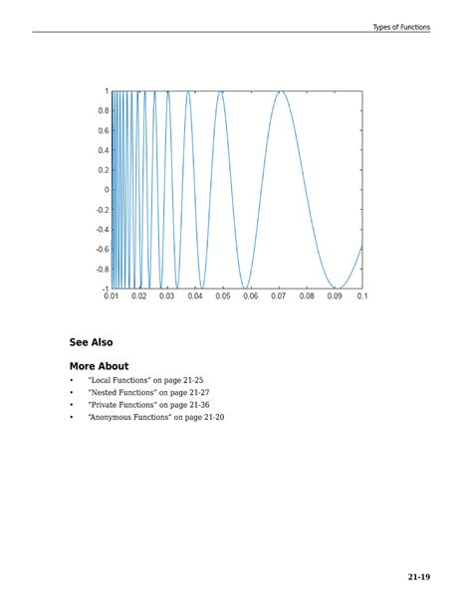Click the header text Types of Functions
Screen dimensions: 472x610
(x=401, y=27)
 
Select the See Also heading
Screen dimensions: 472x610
(x=91, y=342)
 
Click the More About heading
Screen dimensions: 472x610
(x=99, y=366)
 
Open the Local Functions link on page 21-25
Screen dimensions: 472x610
(x=145, y=381)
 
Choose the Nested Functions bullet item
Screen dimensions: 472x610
(x=148, y=393)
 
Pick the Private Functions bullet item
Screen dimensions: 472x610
(x=148, y=405)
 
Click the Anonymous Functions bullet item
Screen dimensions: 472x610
(x=155, y=418)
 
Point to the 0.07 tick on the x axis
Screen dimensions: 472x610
(x=279, y=297)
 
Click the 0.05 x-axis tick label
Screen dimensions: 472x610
(x=223, y=297)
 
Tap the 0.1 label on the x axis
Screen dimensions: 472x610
(x=360, y=297)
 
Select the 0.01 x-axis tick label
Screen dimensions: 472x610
(x=112, y=297)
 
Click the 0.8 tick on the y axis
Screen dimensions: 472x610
(x=104, y=110)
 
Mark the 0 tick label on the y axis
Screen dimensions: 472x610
(x=107, y=190)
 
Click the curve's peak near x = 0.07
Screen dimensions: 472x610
(x=282, y=92)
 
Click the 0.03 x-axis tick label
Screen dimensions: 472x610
(x=167, y=297)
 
